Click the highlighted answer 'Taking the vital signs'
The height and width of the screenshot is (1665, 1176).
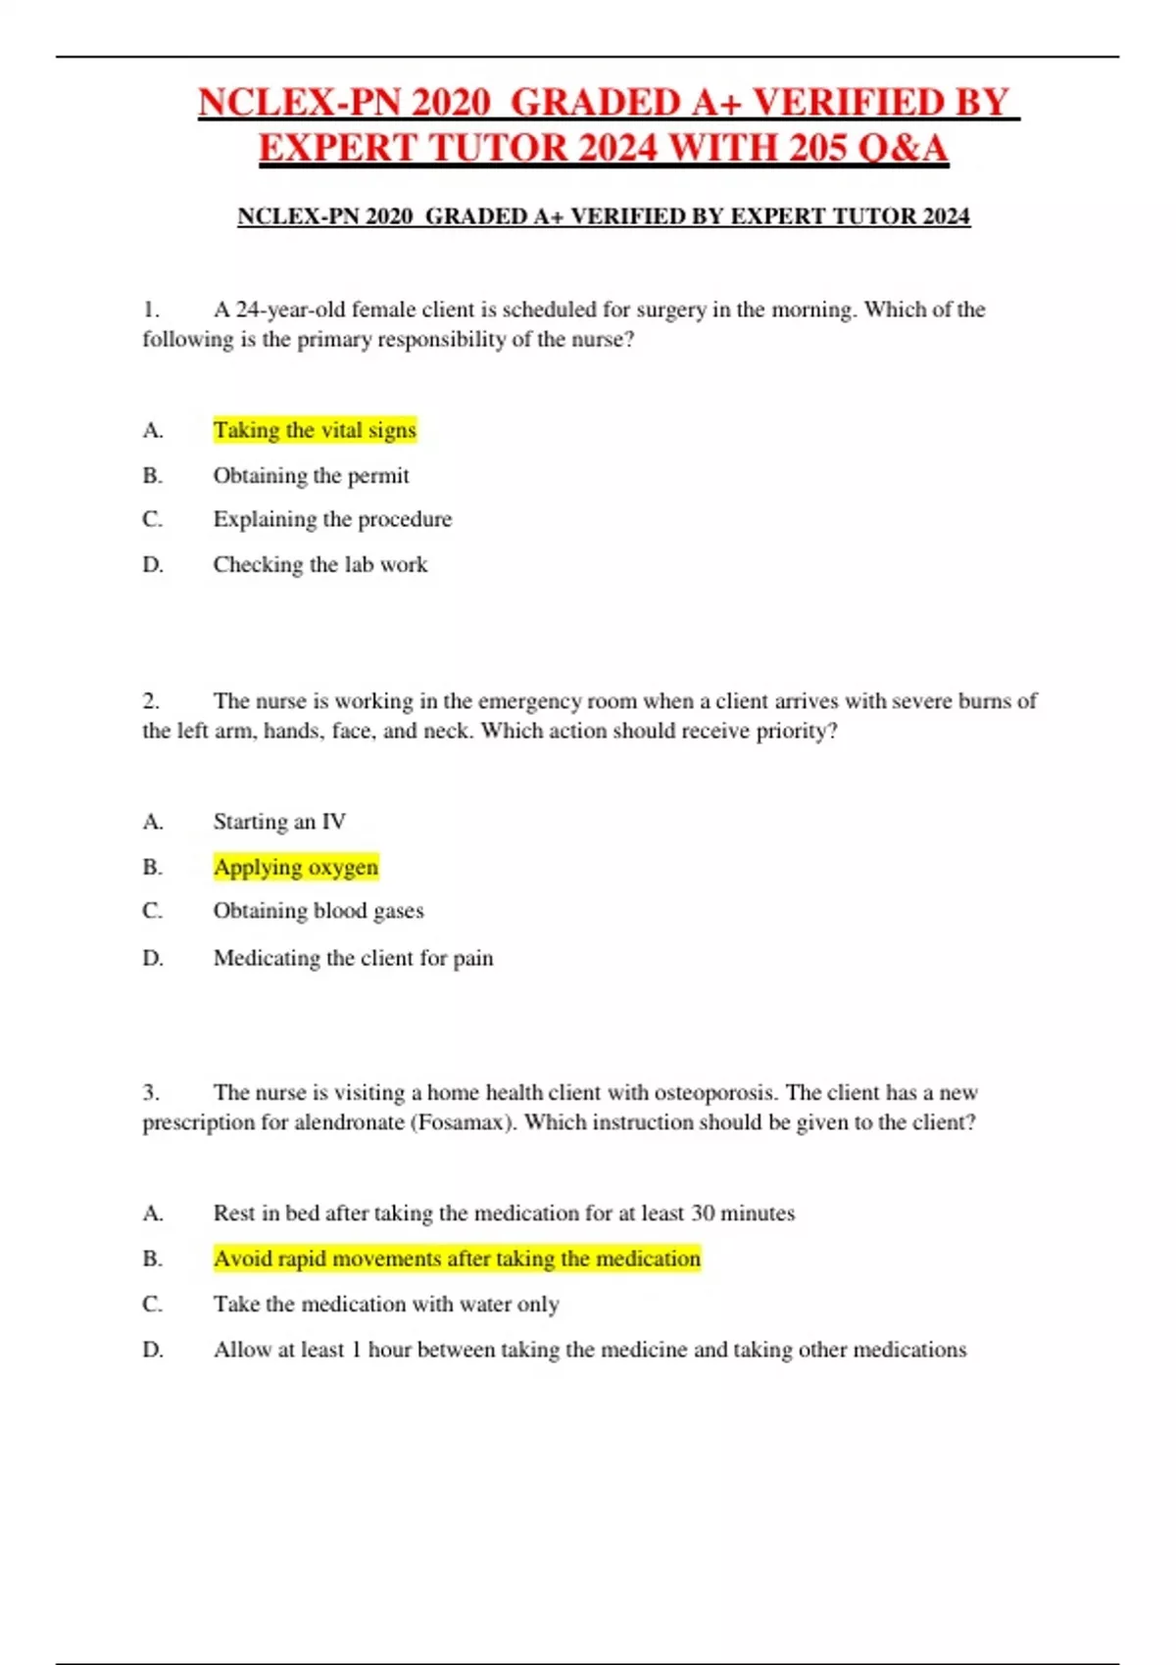pos(315,430)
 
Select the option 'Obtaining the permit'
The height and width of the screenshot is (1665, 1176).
pos(311,476)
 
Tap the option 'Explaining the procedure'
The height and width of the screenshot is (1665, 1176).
pos(332,519)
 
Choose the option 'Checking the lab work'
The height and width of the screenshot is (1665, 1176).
pos(319,565)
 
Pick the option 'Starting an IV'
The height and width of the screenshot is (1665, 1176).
pos(279,822)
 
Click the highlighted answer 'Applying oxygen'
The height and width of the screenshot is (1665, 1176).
pos(295,868)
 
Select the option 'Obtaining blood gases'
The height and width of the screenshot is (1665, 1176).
pos(318,911)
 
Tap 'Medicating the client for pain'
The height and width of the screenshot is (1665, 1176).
pos(353,958)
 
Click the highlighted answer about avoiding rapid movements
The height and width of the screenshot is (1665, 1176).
pos(457,1259)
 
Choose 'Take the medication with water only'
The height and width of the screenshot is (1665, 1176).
pos(386,1305)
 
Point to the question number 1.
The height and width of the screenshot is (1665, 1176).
pos(150,309)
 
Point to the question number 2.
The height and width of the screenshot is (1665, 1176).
pos(150,701)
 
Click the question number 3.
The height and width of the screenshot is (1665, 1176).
pos(150,1093)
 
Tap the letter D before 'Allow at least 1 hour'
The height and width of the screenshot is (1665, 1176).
pos(153,1350)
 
